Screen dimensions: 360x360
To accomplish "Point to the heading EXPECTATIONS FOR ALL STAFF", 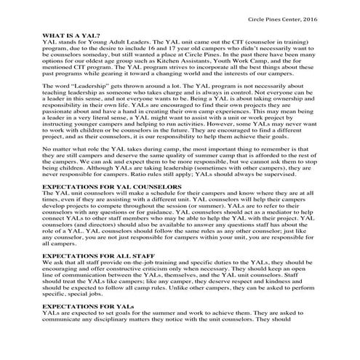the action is point(100,256).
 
